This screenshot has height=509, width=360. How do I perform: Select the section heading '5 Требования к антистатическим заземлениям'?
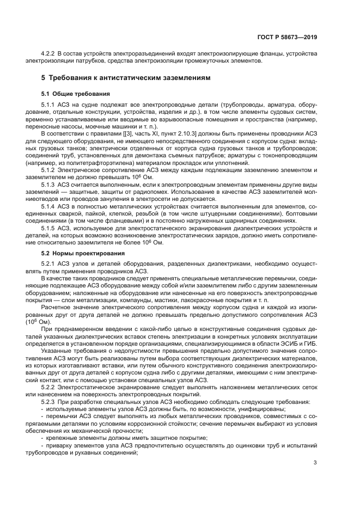click(119, 78)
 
